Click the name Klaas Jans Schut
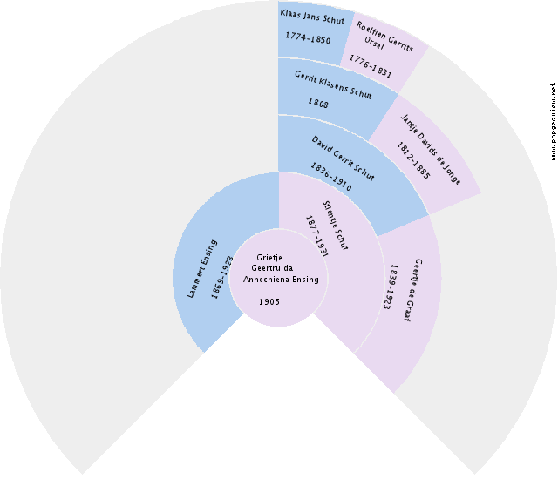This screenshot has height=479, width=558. click(x=312, y=17)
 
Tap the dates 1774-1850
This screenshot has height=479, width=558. click(x=308, y=37)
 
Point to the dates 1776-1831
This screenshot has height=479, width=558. click(x=370, y=66)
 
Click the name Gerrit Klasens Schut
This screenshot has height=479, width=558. click(x=333, y=85)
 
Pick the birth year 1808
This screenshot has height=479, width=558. click(x=318, y=103)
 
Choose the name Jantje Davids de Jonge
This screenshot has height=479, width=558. click(x=431, y=150)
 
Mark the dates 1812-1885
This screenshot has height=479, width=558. click(x=413, y=160)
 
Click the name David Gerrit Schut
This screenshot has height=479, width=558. click(x=343, y=159)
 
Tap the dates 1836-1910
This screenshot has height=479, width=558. click(x=331, y=177)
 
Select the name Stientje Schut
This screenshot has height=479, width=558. click(x=335, y=226)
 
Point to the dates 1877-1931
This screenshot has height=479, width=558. click(x=316, y=236)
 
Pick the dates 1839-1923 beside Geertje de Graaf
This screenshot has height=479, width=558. click(x=391, y=287)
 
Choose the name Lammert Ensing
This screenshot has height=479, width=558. click(x=201, y=268)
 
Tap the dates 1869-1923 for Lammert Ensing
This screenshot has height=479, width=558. click(x=222, y=277)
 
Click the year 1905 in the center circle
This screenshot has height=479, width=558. click(x=269, y=302)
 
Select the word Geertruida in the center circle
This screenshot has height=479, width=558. click(x=272, y=268)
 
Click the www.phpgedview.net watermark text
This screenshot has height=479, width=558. click(x=553, y=121)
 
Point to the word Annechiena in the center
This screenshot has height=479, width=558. click(x=267, y=280)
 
